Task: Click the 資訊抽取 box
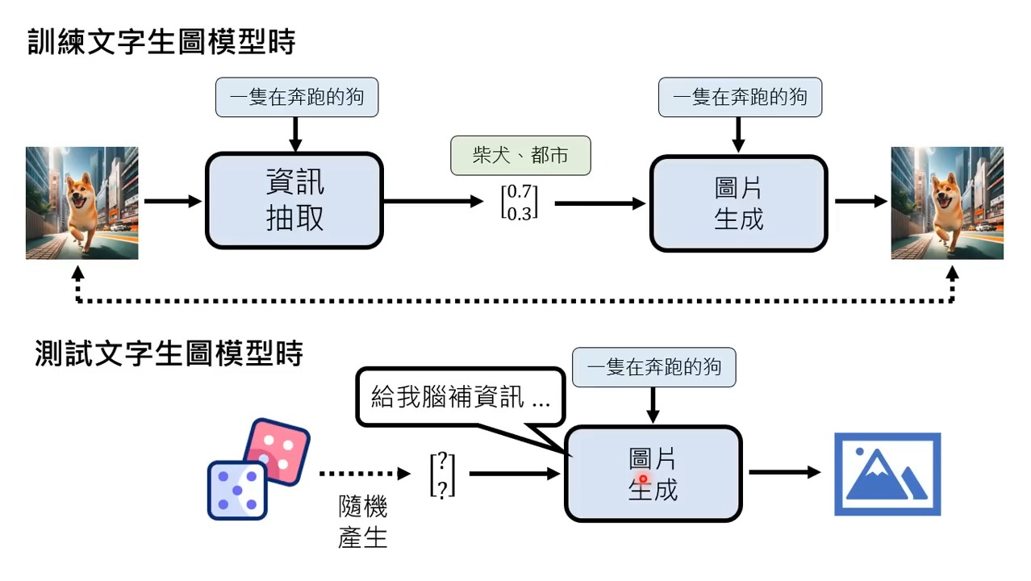[x=294, y=201]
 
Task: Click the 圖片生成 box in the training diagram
[x=738, y=203]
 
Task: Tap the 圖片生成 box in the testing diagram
[x=653, y=474]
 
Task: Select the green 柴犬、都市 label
[x=520, y=156]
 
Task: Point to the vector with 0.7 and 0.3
[x=519, y=203]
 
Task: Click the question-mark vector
[x=443, y=474]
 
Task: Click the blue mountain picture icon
[x=887, y=474]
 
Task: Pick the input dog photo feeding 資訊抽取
[x=82, y=203]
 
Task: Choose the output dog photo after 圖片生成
[x=947, y=203]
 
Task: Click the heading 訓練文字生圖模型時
[x=162, y=42]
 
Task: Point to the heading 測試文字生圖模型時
[x=169, y=353]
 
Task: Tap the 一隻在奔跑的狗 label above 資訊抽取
[x=297, y=98]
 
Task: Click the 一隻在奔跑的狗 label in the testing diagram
[x=654, y=368]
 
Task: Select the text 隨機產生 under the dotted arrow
[x=363, y=522]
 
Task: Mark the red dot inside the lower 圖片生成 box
[x=643, y=479]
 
